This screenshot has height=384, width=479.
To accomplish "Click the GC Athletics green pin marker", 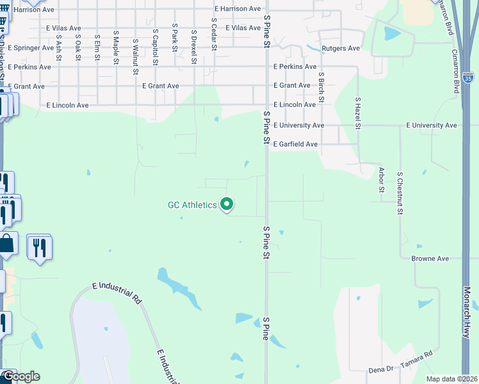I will tap(227, 204).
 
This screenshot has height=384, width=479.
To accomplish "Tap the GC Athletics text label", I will tap(192, 205).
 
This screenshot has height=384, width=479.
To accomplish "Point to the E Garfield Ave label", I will tap(295, 145).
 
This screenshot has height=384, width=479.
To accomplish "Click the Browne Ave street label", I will tap(430, 259).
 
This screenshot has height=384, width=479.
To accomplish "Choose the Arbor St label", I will tap(381, 179).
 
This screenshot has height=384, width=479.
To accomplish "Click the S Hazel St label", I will tap(357, 112).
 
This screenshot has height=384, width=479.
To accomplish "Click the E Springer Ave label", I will tap(31, 48).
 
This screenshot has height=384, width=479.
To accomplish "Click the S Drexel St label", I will tap(193, 47).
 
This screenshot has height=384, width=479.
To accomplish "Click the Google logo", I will tap(21, 376).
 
